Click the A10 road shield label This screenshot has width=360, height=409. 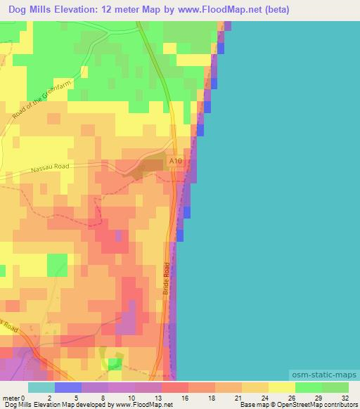pyautogui.click(x=175, y=162)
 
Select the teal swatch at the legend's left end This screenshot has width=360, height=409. pyautogui.click(x=41, y=387)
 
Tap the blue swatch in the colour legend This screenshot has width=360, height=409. pyautogui.click(x=67, y=387)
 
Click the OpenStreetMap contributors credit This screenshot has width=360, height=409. pyautogui.click(x=321, y=405)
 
